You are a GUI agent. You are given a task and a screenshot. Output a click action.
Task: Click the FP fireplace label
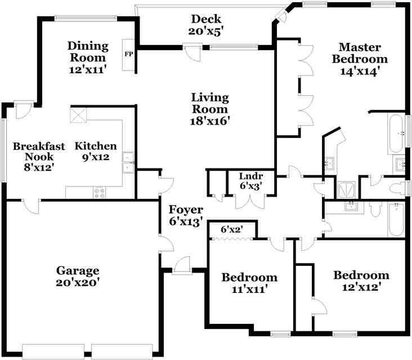[128, 55]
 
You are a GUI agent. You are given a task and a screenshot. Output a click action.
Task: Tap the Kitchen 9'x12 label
[96, 151]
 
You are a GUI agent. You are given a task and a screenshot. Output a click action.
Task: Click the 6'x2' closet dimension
[231, 229]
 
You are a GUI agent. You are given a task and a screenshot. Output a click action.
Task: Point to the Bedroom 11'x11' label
[249, 283]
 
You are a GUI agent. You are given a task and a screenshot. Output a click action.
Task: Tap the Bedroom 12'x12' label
[361, 281]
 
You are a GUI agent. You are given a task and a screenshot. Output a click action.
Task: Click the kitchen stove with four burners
[100, 192]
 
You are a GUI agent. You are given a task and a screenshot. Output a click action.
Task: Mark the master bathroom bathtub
[396, 134]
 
